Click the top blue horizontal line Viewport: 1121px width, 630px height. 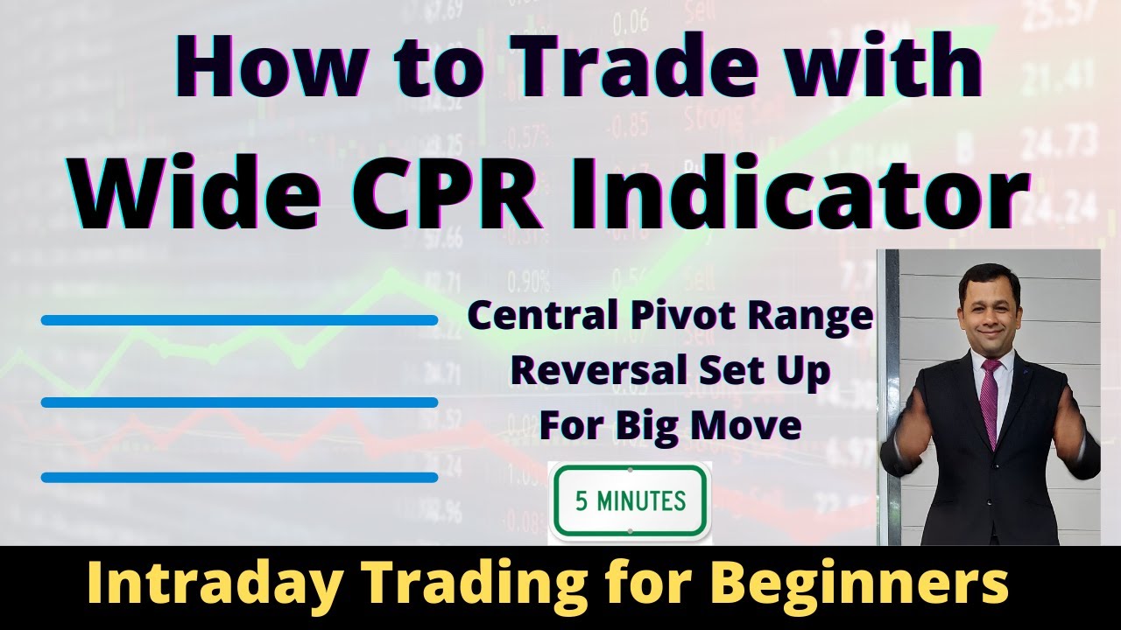239,320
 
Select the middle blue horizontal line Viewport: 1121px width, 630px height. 239,402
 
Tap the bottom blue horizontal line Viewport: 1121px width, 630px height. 239,477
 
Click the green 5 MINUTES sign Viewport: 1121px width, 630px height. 629,501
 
